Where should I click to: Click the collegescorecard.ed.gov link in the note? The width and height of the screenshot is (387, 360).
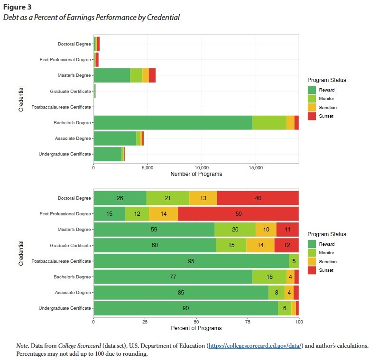pyautogui.click(x=255, y=346)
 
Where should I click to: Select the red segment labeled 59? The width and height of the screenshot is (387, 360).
pyautogui.click(x=239, y=214)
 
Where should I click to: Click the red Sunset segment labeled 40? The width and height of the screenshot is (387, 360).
pyautogui.click(x=258, y=198)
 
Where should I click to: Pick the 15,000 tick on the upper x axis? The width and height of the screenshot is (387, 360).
pyautogui.click(x=256, y=167)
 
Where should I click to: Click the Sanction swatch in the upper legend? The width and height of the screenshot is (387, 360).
pyautogui.click(x=312, y=108)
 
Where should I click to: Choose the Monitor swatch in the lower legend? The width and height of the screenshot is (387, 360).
pyautogui.click(x=312, y=253)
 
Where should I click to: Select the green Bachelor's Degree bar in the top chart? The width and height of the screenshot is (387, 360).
pyautogui.click(x=173, y=122)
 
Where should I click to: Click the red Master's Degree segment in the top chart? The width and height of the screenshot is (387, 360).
pyautogui.click(x=152, y=75)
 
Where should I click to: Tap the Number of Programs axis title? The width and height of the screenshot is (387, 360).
pyautogui.click(x=196, y=174)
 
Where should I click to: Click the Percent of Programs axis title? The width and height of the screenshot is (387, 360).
pyautogui.click(x=196, y=328)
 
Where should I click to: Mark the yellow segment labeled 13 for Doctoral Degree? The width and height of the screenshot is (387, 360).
pyautogui.click(x=203, y=198)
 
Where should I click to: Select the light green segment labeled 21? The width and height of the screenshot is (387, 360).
pyautogui.click(x=167, y=198)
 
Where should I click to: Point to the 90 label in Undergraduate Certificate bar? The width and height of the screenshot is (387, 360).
pyautogui.click(x=185, y=308)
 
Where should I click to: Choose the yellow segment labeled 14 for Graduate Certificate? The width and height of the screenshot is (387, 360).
pyautogui.click(x=260, y=245)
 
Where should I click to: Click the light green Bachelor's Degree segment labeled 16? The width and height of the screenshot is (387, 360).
pyautogui.click(x=269, y=277)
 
